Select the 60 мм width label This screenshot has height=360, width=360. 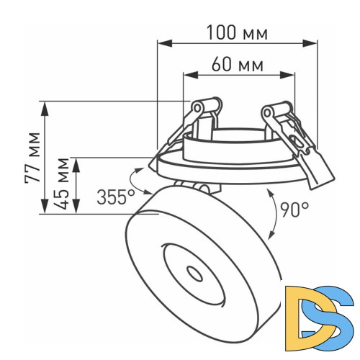237,66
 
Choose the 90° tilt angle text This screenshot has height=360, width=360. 294,210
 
